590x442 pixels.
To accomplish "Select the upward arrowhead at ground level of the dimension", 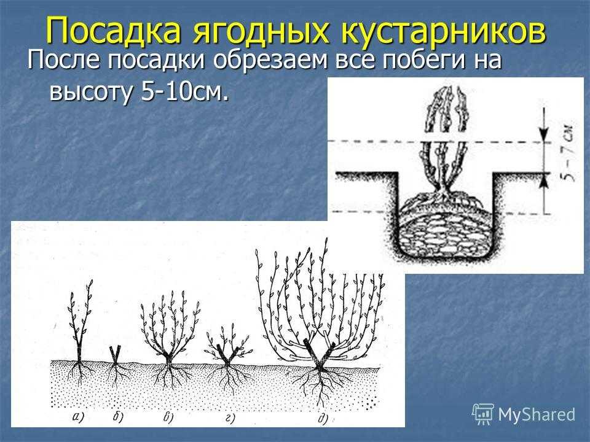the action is tap(543, 181).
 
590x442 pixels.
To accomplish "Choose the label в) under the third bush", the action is tap(168, 417).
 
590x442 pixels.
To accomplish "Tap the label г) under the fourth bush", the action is tap(230, 417).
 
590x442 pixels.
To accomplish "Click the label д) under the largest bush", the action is tap(323, 418).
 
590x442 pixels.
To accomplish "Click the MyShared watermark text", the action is tap(537, 414).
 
